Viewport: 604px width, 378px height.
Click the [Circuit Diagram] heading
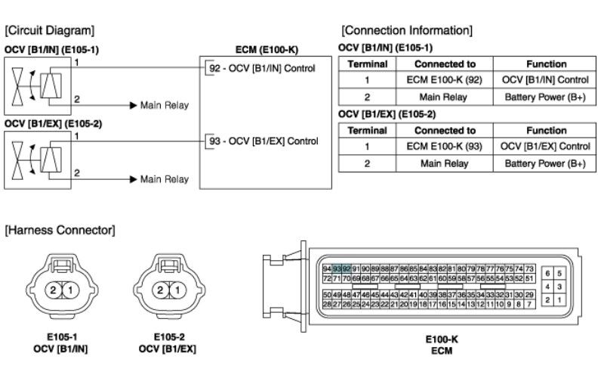coord(50,30)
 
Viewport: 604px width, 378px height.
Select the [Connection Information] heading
coord(407,30)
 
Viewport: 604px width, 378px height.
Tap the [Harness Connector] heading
coord(60,228)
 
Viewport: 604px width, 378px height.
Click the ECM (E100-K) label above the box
coord(267,49)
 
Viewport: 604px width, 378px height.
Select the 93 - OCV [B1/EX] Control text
coord(263,141)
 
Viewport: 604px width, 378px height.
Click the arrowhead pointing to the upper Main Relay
coord(133,105)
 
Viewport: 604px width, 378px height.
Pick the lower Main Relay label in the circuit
coord(165,179)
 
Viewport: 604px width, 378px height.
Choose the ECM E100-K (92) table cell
coord(439,79)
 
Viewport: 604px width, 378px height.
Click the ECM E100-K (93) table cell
coord(439,147)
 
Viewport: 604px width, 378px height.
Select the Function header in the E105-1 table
coord(546,64)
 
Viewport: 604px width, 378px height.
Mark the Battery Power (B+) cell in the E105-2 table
coord(546,163)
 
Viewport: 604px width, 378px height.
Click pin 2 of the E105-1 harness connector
coord(54,290)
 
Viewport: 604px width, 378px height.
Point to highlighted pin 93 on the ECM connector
coord(337,269)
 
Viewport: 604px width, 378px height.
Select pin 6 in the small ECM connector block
coord(547,273)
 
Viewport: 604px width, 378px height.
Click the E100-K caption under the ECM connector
coord(440,339)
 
